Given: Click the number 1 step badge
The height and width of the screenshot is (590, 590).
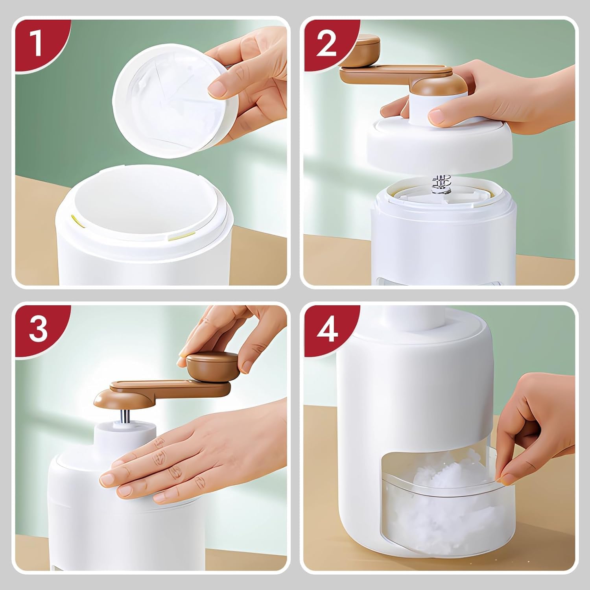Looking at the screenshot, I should pyautogui.click(x=38, y=44).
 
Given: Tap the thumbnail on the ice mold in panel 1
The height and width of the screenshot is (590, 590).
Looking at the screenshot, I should pyautogui.click(x=217, y=88).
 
